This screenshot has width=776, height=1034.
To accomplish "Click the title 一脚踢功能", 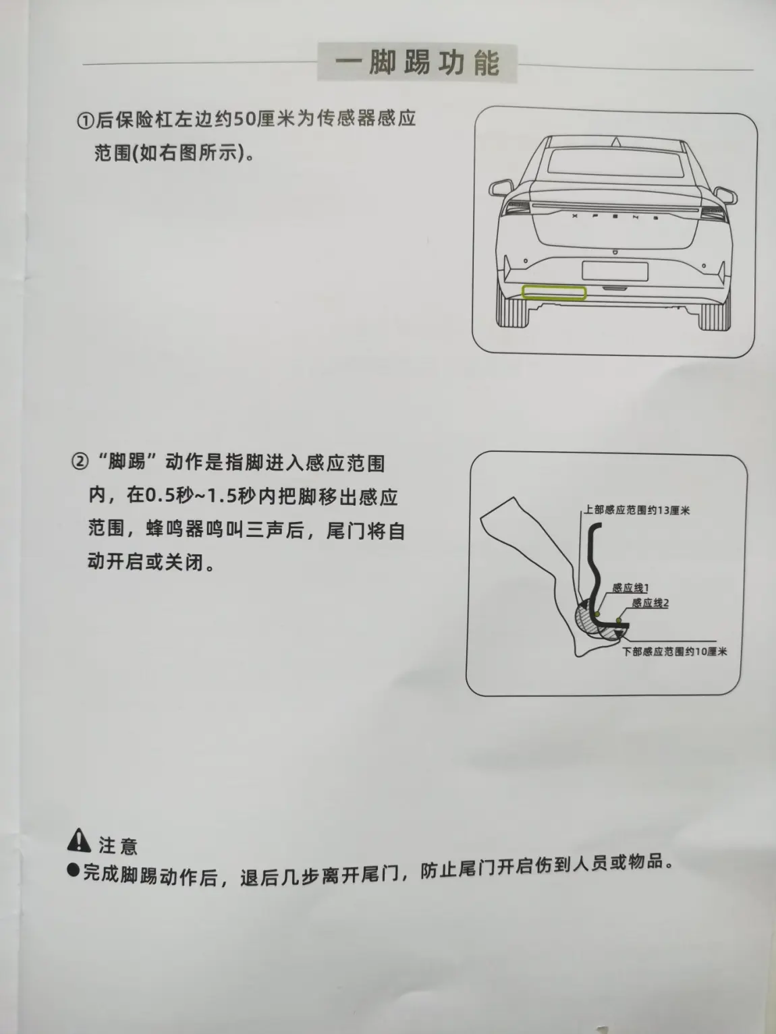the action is (417, 63).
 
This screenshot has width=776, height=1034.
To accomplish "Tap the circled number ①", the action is (86, 121).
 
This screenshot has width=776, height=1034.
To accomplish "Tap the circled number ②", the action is (80, 461).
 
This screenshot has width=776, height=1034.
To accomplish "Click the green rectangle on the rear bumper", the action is (554, 293).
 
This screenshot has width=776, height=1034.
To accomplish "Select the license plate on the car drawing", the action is (615, 271).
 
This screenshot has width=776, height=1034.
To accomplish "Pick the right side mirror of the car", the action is (725, 195).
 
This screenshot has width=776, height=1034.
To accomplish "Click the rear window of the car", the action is (616, 163).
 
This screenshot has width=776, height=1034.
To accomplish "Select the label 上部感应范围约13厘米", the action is (636, 510).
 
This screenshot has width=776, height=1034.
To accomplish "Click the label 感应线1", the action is (630, 587).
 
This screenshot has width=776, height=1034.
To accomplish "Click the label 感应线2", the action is (650, 603).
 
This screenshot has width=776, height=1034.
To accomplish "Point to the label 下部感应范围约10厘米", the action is (674, 652).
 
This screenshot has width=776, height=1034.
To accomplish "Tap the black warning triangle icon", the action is (79, 840).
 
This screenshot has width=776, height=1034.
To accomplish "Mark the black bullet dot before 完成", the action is (73, 870).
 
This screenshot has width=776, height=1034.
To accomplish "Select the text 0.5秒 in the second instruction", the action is (167, 496).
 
